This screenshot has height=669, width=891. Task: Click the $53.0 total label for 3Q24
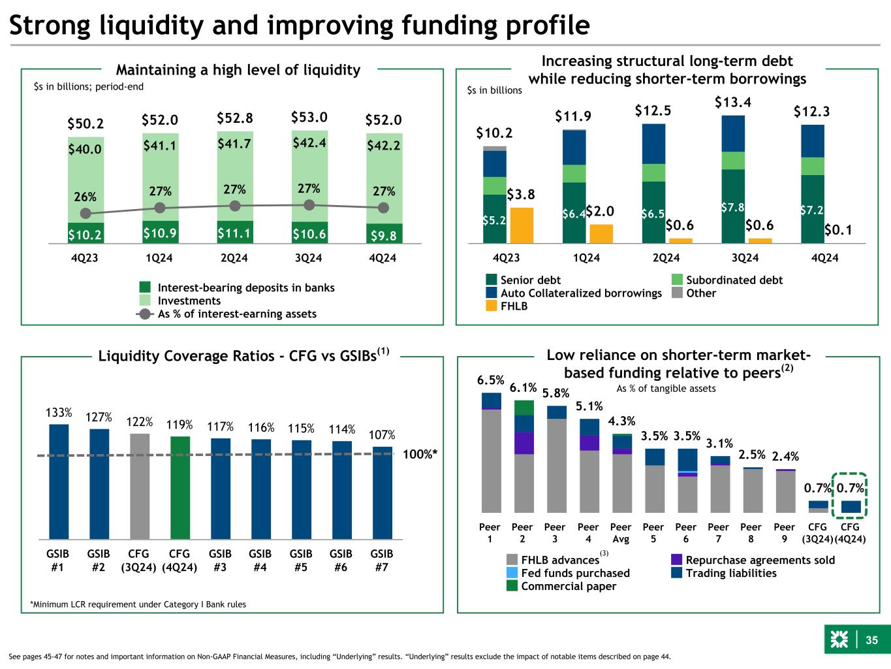coord(309,118)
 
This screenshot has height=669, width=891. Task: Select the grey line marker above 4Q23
coord(85,214)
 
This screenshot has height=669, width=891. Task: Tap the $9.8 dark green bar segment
coord(384,233)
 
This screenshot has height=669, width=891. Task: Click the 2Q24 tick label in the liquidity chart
coord(234,258)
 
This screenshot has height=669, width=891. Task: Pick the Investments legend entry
coord(189,301)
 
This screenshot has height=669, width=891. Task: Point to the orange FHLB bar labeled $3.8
coord(522,225)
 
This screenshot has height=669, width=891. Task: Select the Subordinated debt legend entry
coord(734,280)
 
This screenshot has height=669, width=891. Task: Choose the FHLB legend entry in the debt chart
coord(514,306)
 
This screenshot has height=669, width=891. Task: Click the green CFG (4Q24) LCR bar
coord(180,487)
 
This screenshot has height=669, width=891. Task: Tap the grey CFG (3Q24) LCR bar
coord(140,485)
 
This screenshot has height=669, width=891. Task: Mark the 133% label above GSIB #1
coord(58,413)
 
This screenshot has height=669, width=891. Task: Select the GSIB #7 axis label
coord(382,561)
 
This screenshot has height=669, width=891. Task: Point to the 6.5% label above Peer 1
coord(491,380)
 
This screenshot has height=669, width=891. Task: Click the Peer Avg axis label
coord(620,533)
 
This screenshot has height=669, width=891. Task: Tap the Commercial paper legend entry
coord(568,586)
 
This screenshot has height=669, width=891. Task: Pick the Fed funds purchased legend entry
coord(574,573)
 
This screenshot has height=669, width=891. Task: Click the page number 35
coord(872,640)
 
